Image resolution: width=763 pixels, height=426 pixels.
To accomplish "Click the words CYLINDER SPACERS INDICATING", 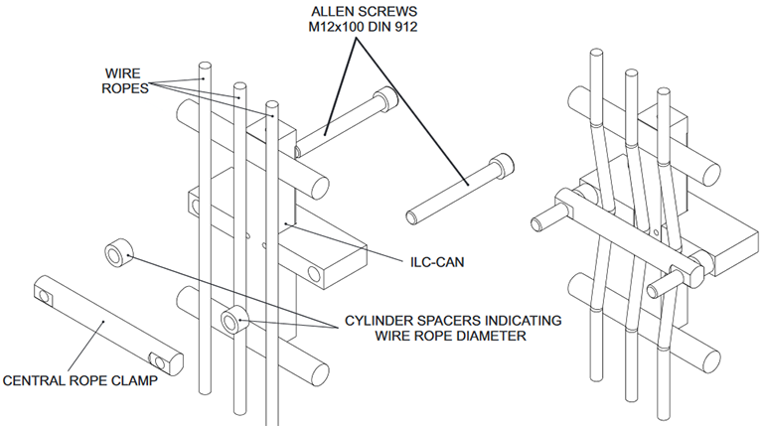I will pos(452,320).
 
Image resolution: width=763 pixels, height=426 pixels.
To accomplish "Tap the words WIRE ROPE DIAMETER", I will pos(452,339).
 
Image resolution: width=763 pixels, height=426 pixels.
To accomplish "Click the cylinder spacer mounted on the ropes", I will pos(234,319).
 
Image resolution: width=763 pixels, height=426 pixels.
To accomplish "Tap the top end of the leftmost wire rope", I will pos(202,71).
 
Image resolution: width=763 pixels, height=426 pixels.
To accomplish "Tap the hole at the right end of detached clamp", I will pos(156,359).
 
